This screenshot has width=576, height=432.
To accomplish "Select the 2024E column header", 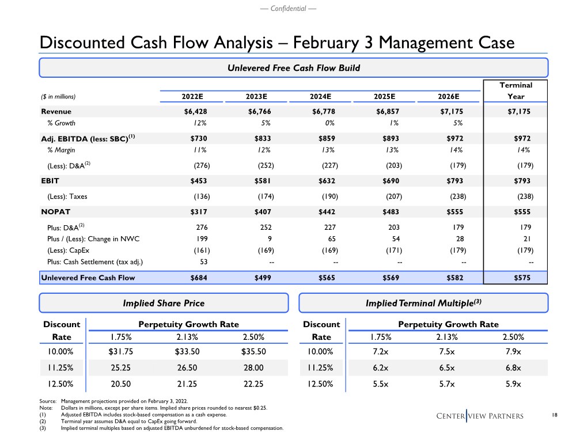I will (323, 96).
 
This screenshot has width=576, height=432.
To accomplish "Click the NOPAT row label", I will (56, 211).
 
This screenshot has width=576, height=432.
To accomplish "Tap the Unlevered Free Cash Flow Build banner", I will (294, 68).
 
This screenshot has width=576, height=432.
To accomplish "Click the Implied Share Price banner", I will (164, 303).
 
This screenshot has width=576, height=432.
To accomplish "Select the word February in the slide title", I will (328, 43).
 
